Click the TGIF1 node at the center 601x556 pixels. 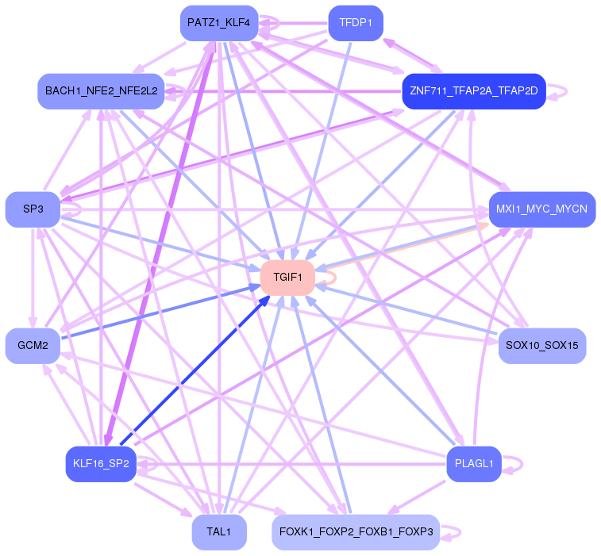[x=287, y=278]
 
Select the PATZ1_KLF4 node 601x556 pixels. [x=219, y=23]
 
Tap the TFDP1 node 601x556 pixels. [x=356, y=23]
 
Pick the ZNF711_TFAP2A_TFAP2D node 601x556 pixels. [x=474, y=91]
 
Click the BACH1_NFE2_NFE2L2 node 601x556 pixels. [x=101, y=91]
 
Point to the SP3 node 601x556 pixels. [x=33, y=209]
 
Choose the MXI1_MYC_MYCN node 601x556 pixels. [x=542, y=209]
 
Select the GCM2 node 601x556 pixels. [x=33, y=345]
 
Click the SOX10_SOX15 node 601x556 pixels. [x=542, y=345]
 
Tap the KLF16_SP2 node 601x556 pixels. [x=101, y=464]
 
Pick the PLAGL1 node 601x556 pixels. [x=474, y=464]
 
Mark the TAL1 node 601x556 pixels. [x=219, y=532]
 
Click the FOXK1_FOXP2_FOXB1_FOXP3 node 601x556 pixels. [x=356, y=532]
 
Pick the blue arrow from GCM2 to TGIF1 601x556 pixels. [x=161, y=312]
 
